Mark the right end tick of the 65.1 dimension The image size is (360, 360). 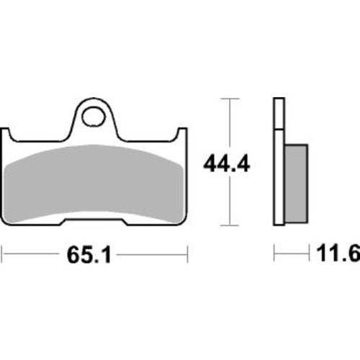(x=188, y=253)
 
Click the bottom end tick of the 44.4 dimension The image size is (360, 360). (x=229, y=225)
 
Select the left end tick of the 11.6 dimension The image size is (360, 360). (x=274, y=253)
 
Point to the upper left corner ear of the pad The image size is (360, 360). (x=9, y=133)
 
